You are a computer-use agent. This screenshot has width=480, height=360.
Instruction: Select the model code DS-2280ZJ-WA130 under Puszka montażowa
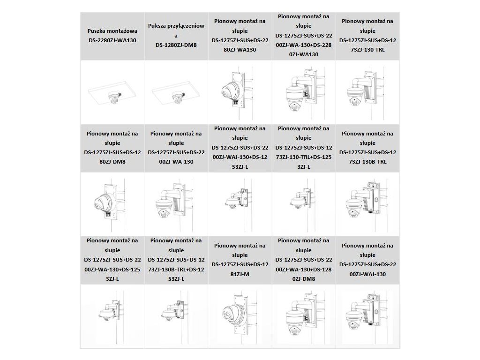coord(112,40)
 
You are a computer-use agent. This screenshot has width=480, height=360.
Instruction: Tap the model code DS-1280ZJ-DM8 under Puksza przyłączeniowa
coord(176,45)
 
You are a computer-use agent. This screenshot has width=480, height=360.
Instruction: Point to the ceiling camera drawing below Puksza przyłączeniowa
coord(177,97)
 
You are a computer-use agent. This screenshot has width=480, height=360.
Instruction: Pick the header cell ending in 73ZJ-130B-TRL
coord(367,148)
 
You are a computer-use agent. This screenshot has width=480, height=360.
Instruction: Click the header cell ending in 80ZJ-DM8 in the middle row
coord(112,148)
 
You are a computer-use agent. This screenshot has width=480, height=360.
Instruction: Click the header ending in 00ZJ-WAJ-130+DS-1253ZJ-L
coord(240,148)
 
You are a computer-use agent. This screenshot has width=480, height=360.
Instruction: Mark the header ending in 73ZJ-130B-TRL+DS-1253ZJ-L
coord(176,260)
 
